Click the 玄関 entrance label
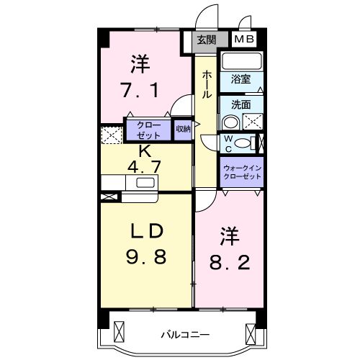pyautogui.click(x=208, y=40)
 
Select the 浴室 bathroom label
pyautogui.click(x=240, y=79)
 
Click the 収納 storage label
pyautogui.click(x=183, y=129)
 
